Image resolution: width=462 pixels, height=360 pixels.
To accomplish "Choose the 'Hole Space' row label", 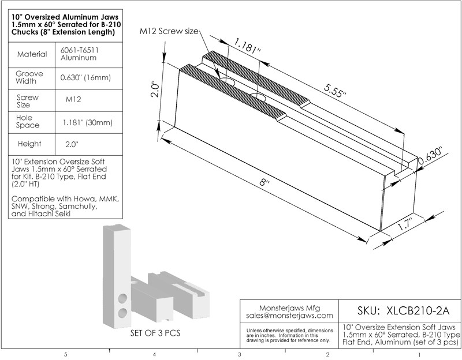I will pos(27,121).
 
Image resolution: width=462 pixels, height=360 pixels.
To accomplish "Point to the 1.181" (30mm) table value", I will pos(87,122).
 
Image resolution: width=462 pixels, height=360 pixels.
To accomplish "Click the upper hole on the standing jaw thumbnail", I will pos(122,299).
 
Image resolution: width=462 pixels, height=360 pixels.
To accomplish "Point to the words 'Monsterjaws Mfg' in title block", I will pos(288,307).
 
